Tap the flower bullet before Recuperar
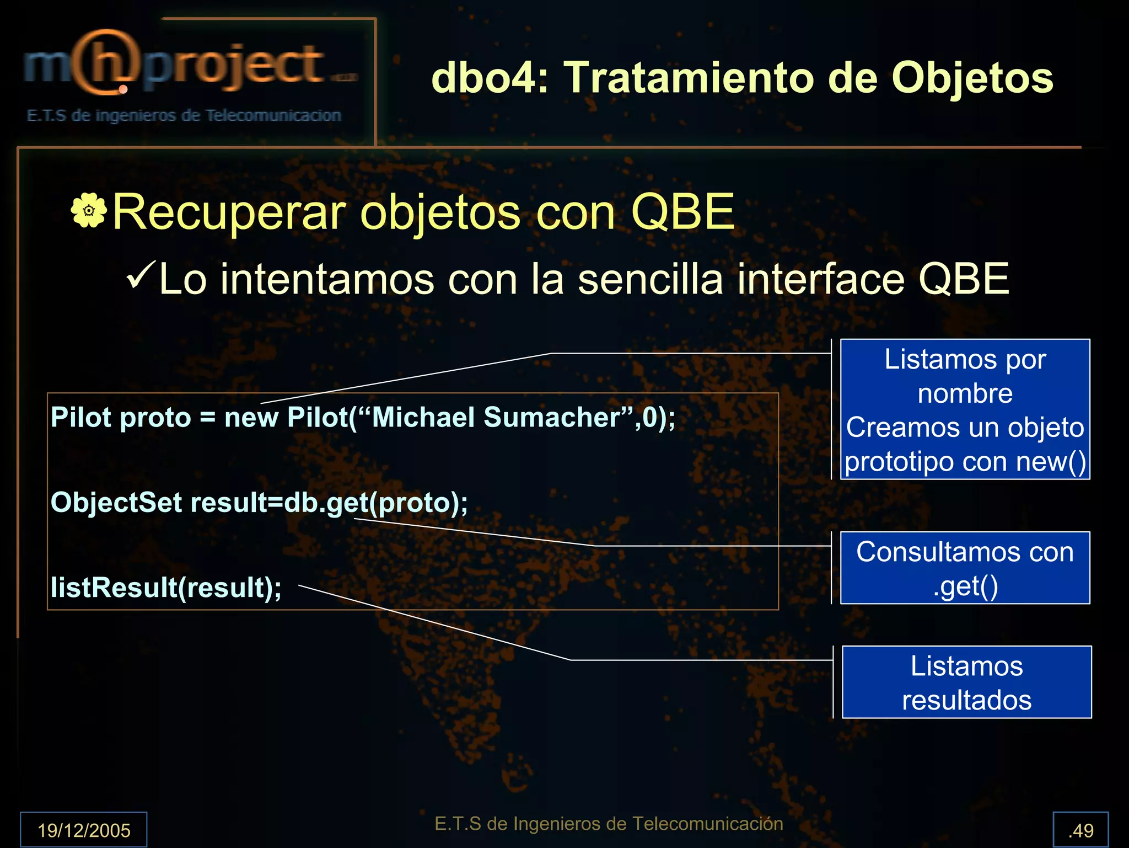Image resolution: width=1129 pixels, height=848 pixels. [x=88, y=210]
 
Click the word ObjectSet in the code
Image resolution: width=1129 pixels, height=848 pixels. [x=116, y=503]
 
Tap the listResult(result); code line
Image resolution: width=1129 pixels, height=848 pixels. [x=166, y=587]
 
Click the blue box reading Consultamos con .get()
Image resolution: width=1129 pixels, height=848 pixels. [x=965, y=568]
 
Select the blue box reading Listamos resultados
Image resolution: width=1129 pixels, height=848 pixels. [x=966, y=682]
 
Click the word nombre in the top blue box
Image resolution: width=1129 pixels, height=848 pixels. [x=965, y=393]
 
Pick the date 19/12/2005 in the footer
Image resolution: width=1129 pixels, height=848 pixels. [x=84, y=830]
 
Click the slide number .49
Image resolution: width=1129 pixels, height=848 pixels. [x=1080, y=830]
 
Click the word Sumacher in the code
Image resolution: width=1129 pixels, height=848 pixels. [x=551, y=417]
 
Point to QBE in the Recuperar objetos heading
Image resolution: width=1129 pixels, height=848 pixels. [x=682, y=212]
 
